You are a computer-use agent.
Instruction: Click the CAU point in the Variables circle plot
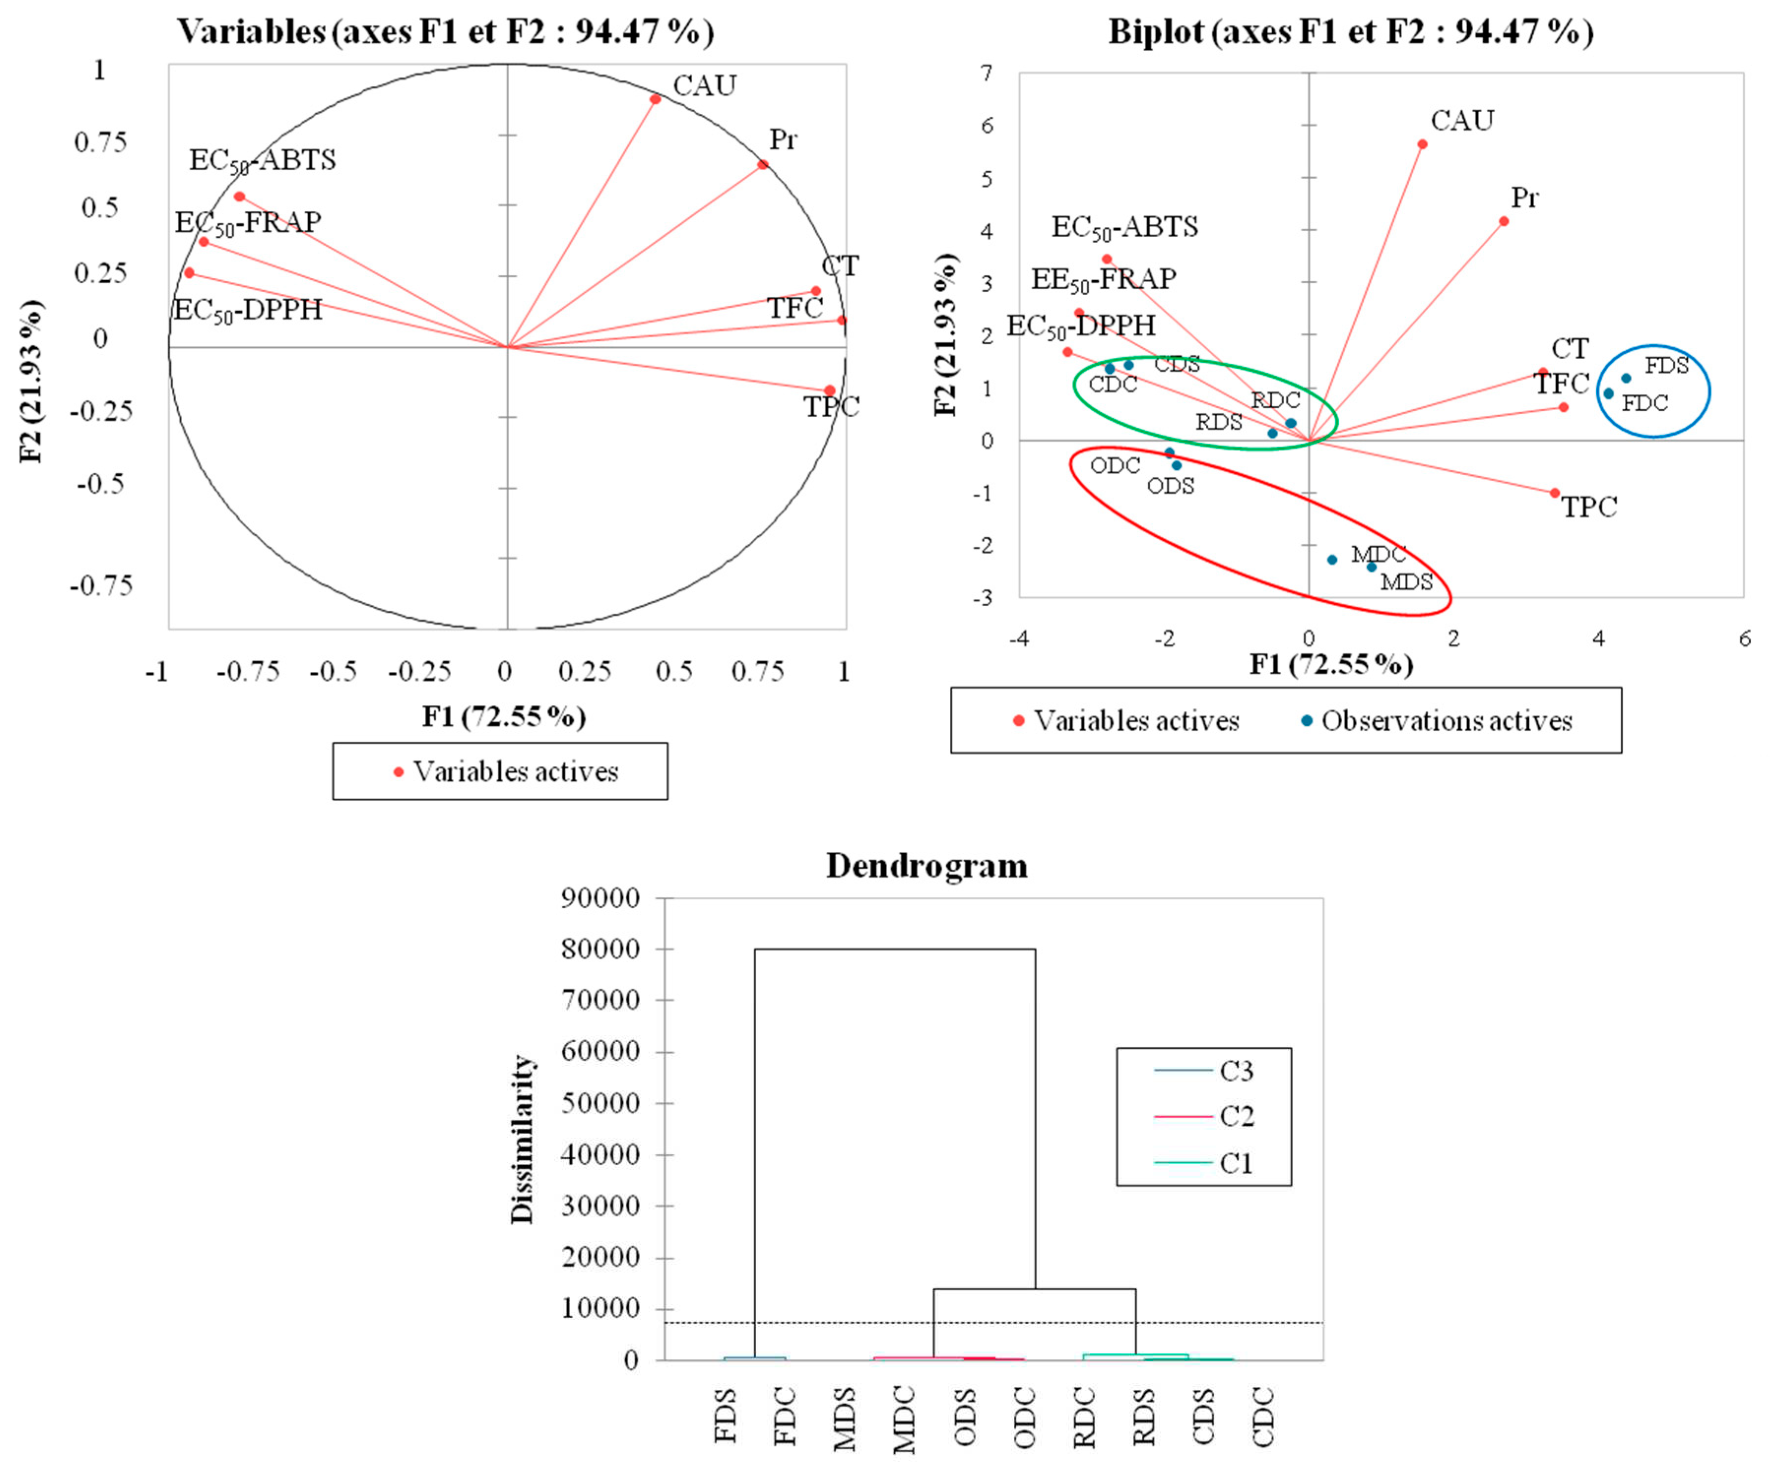(655, 98)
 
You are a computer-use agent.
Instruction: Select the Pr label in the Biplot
(1524, 198)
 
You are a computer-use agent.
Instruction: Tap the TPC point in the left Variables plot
(830, 390)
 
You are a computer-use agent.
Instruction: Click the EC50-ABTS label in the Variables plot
(262, 160)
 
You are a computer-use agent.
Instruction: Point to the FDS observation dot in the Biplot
(1626, 378)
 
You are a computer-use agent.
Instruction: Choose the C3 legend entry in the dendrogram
(1236, 1071)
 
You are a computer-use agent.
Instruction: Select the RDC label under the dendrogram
(1084, 1418)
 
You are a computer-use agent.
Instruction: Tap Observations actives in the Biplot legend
(1446, 721)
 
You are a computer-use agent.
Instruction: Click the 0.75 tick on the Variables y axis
(100, 142)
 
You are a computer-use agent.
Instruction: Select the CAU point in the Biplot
(1422, 144)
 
